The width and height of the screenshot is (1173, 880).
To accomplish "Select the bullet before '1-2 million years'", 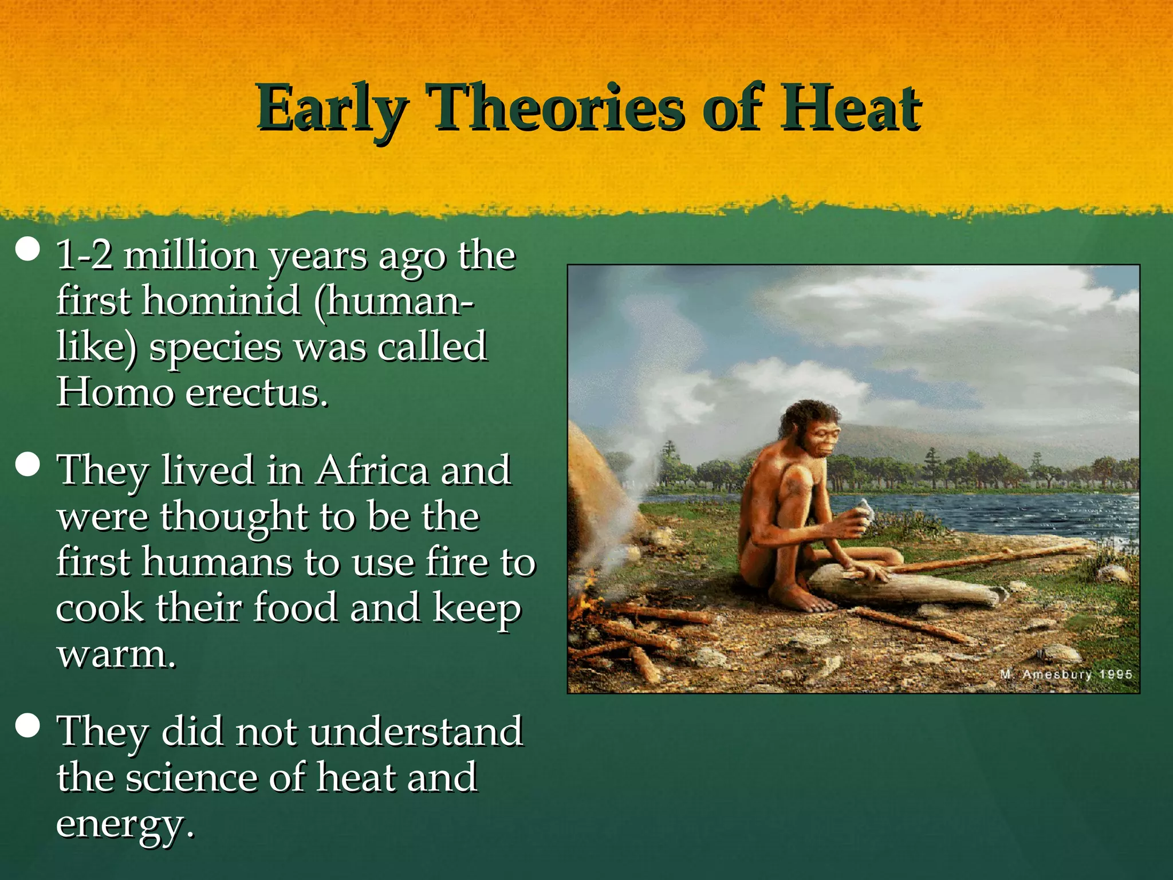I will tap(27, 250).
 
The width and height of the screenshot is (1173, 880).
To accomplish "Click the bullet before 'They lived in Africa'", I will tap(27, 465).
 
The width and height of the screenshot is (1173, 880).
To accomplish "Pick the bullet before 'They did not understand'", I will tap(27, 726).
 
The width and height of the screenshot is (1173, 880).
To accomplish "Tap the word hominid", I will tap(221, 300).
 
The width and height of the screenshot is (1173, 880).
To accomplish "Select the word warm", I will tap(115, 654).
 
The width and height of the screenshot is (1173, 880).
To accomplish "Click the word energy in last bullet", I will tap(123, 825).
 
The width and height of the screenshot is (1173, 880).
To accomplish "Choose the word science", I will tap(191, 778).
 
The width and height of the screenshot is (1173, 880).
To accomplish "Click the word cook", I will tap(100, 608).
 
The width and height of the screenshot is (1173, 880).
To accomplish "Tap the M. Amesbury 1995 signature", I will tap(1066, 674).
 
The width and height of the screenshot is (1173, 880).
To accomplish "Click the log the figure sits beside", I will tap(911, 587).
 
